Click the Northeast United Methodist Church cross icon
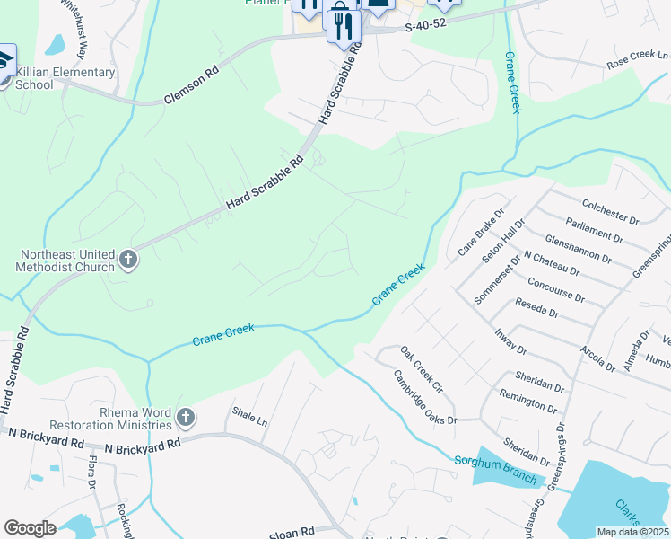point(128,260)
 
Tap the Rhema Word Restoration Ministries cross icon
point(186,417)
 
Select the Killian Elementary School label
point(65,78)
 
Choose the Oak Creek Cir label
point(422,370)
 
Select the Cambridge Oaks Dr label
point(425,399)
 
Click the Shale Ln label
point(250,420)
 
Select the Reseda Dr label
point(536,313)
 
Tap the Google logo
point(30,527)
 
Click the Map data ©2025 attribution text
point(632,532)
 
